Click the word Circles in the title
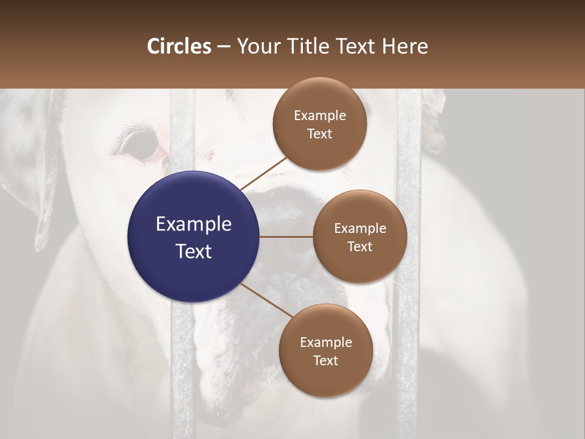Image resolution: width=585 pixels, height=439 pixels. (x=179, y=46)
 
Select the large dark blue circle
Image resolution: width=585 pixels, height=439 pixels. (x=194, y=237)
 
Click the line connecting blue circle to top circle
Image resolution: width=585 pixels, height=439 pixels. (x=263, y=173)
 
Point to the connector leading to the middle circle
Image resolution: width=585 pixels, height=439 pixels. (x=286, y=237)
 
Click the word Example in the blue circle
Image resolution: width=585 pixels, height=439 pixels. (x=194, y=224)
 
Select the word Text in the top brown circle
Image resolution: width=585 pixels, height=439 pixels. (x=319, y=134)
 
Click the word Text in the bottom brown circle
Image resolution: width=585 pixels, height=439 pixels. (x=325, y=361)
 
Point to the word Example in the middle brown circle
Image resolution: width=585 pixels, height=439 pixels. (x=360, y=229)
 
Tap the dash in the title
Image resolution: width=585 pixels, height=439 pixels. (x=223, y=47)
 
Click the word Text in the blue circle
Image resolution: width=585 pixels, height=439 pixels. (x=194, y=251)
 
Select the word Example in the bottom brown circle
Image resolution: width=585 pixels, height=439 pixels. (x=325, y=343)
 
